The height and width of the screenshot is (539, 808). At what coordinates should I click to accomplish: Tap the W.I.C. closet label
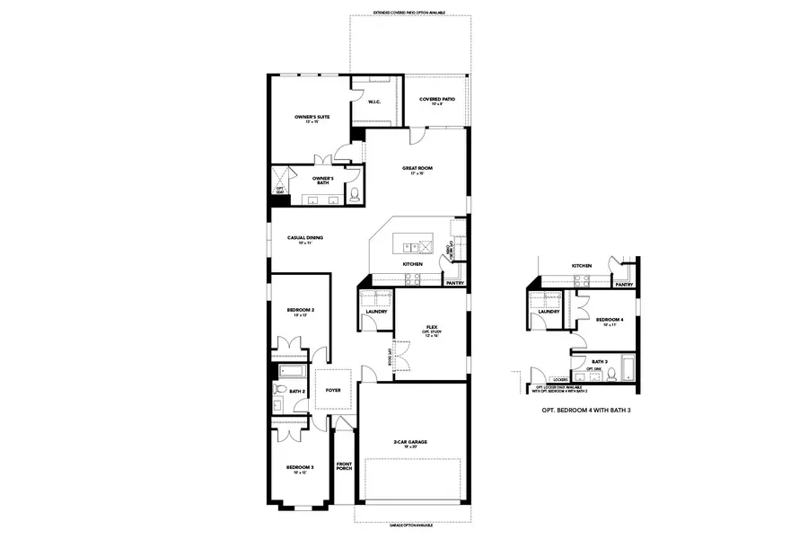point(374,102)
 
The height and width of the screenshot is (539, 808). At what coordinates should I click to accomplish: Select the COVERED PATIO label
point(436,102)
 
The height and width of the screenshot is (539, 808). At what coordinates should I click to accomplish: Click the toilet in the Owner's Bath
point(354,193)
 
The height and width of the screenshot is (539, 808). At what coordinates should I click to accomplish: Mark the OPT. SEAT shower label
point(280,189)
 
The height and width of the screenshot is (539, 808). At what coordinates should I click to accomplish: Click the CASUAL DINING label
point(304,238)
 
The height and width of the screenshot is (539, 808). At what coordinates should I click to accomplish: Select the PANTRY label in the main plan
point(454,283)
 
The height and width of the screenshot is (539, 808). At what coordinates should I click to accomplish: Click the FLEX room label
point(431,327)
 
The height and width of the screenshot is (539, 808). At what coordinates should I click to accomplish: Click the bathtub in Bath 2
point(291,370)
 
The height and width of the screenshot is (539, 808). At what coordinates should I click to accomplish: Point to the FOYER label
point(333,390)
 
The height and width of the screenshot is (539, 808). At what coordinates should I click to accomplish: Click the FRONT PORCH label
point(345,467)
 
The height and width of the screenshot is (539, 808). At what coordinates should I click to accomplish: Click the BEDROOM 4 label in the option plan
point(610,319)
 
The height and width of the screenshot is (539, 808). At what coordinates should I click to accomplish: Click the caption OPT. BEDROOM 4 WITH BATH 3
point(582,410)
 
